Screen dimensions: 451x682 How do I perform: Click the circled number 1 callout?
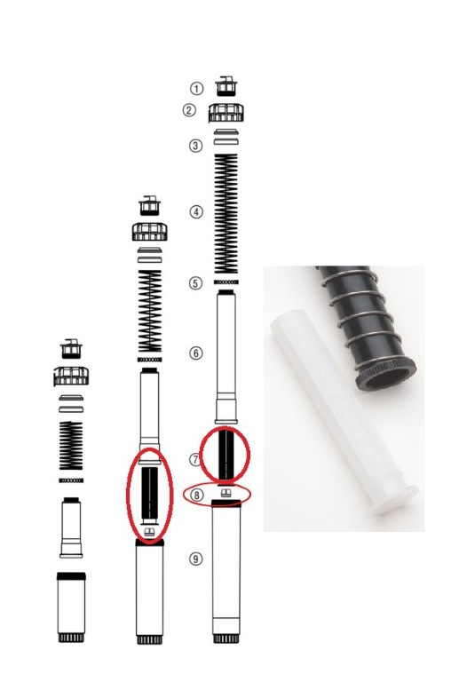[196, 89]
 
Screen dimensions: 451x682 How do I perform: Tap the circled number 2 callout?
[189, 110]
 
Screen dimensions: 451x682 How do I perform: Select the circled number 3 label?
[195, 146]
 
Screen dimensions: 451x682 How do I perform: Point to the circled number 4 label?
[196, 212]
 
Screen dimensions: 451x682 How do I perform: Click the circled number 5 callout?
[195, 283]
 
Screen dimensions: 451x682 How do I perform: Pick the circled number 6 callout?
[196, 353]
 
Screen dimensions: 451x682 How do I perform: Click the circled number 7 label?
[195, 459]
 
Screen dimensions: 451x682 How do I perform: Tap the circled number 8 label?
[197, 495]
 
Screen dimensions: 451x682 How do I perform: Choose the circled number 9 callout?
[195, 559]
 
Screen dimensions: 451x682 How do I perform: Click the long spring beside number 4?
[226, 213]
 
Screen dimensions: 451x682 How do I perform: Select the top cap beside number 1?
[226, 86]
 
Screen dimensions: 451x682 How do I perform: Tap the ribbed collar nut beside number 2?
[226, 113]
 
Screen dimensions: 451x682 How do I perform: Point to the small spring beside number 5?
[226, 282]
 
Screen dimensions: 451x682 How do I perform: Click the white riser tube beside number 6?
[226, 357]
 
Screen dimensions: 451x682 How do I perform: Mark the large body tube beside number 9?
[226, 571]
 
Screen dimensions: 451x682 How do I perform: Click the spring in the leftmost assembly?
[71, 446]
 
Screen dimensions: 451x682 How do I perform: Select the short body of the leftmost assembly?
[71, 607]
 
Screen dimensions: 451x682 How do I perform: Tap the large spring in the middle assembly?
[150, 312]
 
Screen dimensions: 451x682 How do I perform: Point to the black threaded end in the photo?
[386, 374]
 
